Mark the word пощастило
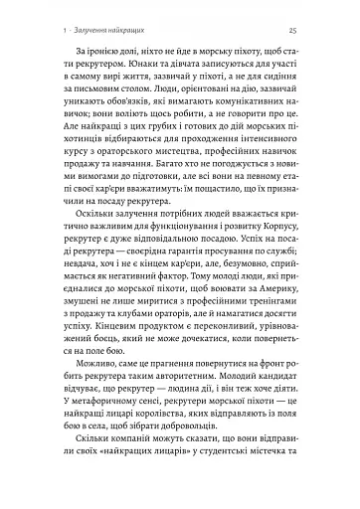pos(217,229)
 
